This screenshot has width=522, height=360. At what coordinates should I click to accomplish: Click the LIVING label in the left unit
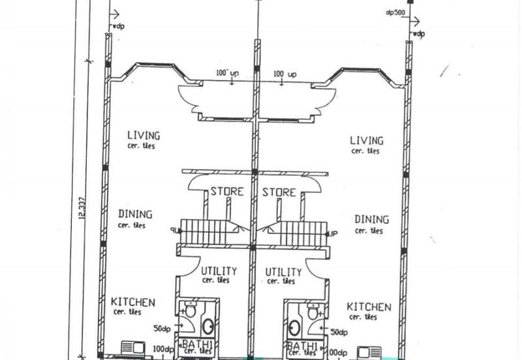pos(143,136)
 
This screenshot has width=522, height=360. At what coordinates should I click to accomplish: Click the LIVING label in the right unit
pos(366,140)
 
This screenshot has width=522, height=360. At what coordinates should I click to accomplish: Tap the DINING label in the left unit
pos(135,214)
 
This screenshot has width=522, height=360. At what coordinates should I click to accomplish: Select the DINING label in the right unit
pos(371,220)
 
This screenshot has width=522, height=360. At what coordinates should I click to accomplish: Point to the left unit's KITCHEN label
pos(132,302)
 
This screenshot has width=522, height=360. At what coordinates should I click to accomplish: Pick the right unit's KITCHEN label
pos(369,307)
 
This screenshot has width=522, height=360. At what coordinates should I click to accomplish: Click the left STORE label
pos(226,192)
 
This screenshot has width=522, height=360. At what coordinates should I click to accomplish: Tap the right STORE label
pos(279,192)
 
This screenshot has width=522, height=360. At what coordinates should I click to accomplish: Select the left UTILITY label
pos(219,271)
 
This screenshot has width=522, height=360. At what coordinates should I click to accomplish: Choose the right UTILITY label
pos(283,271)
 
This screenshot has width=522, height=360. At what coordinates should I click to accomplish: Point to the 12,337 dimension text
pos(82,209)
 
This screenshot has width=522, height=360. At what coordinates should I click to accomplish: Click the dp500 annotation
pos(395,12)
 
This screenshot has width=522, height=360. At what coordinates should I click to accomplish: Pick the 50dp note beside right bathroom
pos(339,332)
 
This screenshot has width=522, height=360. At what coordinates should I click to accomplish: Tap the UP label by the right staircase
pos(333,233)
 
